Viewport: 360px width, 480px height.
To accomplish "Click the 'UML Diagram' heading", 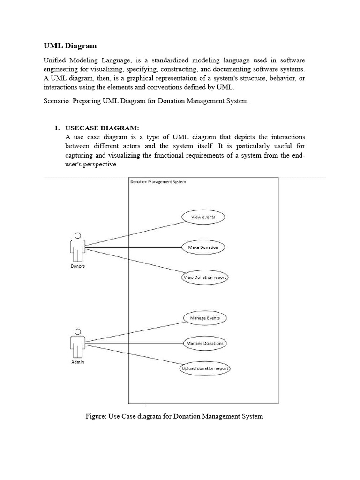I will pos(70,45).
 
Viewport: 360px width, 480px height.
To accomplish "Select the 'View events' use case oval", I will pos(203,217).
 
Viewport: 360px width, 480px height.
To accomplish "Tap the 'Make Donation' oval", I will pos(203,247).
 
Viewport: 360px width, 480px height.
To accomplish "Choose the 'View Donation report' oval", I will pos(205,277).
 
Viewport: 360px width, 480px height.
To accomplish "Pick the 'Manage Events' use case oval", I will pos(204,318).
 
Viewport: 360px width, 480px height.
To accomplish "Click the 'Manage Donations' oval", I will pos(205,343).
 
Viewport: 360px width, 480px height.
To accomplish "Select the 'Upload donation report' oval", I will pos(205,368).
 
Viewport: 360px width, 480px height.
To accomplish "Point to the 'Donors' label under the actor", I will pos(77,266).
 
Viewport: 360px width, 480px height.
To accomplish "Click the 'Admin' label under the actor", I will pos(78,362).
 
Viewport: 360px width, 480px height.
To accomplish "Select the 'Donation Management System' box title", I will pos(158,182).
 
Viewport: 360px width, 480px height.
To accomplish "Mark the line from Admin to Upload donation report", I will pos(134,357).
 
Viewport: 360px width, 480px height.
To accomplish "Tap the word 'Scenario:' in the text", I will pos(56,101).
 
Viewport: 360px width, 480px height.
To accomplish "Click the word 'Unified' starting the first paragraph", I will pos(55,60).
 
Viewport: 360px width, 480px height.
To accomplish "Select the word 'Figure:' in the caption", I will pos(96,416).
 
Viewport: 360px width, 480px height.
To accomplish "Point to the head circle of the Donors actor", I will pos(78,236).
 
